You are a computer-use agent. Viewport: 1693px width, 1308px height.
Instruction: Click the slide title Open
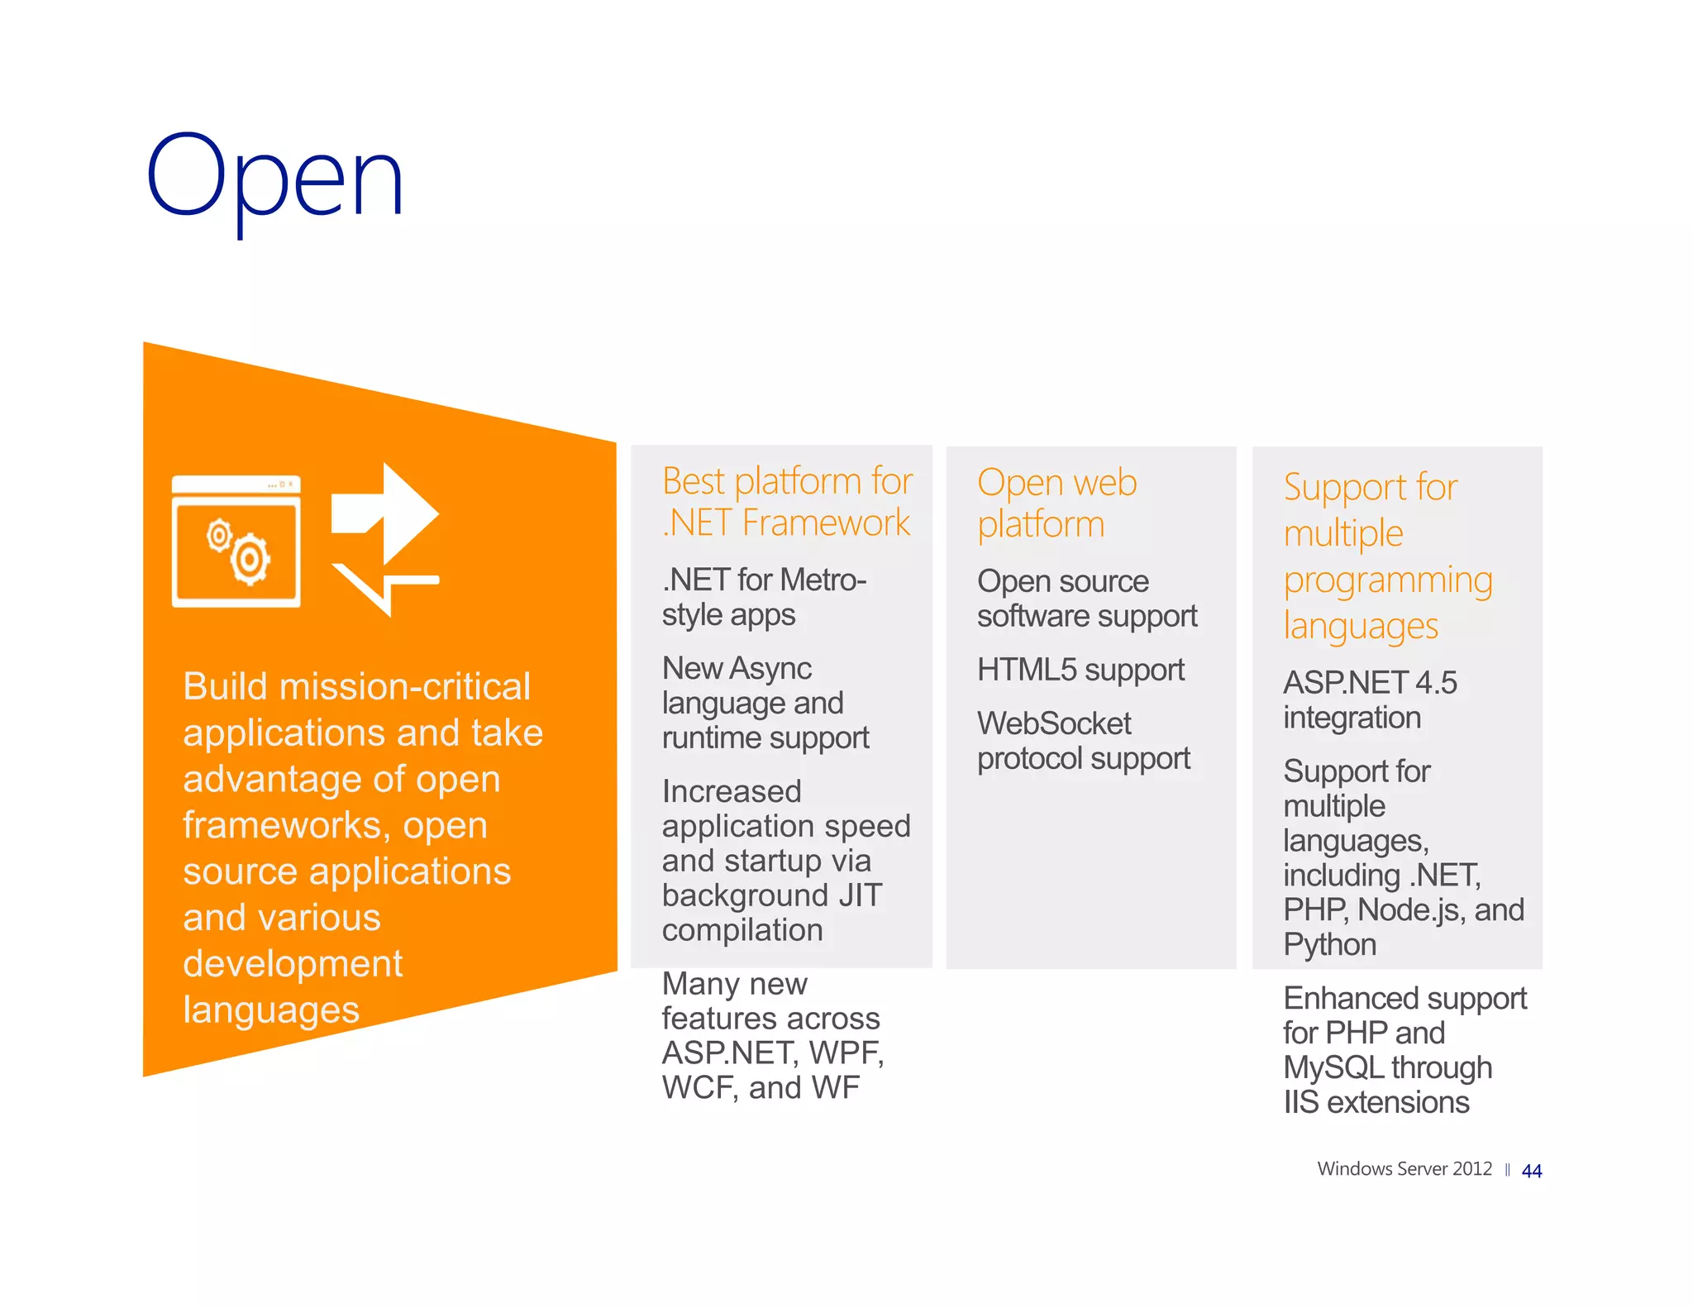point(274,178)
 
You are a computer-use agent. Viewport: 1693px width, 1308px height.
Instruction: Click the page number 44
point(1531,1171)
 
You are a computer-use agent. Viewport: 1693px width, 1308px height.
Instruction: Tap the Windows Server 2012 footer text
point(1404,1168)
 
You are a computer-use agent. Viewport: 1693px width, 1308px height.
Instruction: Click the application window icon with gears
point(236,542)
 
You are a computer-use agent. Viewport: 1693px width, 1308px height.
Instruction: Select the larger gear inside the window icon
point(250,560)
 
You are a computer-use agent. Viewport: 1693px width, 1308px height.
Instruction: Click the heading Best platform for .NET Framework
point(786,502)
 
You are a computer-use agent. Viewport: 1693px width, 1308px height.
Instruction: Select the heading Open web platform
point(1056,503)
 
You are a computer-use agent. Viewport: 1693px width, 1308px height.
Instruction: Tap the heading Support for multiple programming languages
point(1387,556)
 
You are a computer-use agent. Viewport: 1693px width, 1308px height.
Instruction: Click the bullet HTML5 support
point(1080,670)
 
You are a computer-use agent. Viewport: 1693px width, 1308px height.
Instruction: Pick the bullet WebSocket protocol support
point(1083,741)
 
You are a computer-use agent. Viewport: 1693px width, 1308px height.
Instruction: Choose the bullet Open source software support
point(1086,599)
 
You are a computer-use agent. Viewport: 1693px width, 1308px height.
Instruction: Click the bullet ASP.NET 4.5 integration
point(1369,699)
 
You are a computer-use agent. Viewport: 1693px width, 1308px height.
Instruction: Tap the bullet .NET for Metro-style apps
point(763,597)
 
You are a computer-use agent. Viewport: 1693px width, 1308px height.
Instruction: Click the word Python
point(1329,944)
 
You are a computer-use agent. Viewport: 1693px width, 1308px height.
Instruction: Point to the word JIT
point(860,895)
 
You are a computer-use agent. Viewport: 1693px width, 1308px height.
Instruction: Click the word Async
point(770,668)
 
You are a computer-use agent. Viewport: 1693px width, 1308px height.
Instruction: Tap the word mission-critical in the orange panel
point(405,686)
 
